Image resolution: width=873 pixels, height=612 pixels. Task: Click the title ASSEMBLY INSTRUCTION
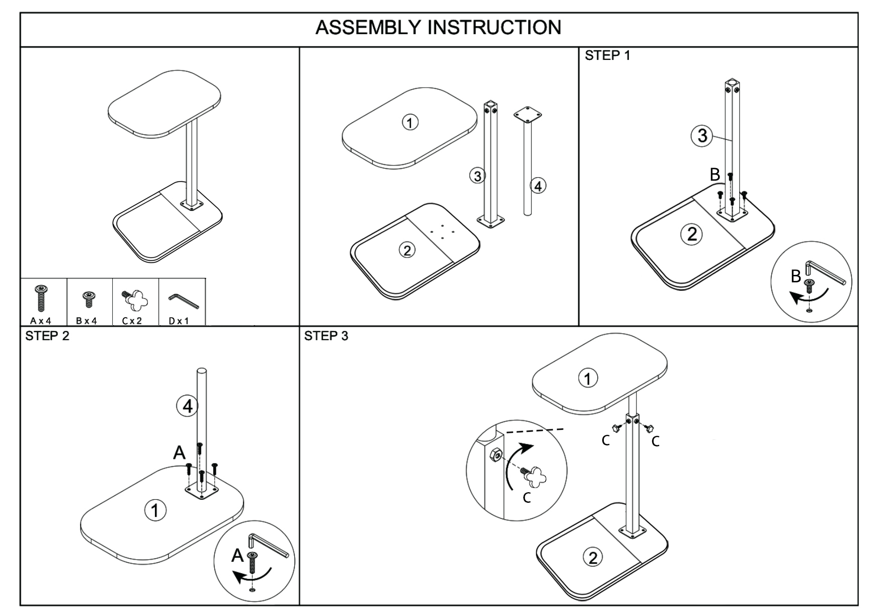[438, 28]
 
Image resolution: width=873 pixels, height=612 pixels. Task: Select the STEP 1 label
[607, 56]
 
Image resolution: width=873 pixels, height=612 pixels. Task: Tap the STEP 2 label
[47, 336]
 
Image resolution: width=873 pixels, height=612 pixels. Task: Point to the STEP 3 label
[326, 336]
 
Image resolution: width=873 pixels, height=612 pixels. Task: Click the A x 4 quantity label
[41, 321]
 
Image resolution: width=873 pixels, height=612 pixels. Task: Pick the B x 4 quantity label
[87, 321]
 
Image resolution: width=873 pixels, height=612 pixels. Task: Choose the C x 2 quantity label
[132, 321]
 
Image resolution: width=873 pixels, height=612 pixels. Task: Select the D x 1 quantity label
[179, 321]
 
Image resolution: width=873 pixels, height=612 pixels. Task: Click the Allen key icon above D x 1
[183, 300]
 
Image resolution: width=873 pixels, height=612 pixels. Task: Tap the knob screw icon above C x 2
[134, 300]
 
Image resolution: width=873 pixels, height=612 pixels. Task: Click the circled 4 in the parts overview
[538, 186]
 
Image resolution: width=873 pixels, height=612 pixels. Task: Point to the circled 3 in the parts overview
[477, 176]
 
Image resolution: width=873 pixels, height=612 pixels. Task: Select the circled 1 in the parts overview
[410, 122]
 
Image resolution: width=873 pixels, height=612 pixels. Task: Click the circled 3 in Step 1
[702, 135]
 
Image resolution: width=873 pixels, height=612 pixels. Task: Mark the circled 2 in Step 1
[692, 234]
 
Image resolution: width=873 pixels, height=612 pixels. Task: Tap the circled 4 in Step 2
[188, 406]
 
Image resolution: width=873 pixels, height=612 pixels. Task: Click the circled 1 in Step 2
[155, 510]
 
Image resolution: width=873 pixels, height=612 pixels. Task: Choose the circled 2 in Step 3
[593, 557]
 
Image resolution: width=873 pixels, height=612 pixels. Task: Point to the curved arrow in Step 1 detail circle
[808, 297]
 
